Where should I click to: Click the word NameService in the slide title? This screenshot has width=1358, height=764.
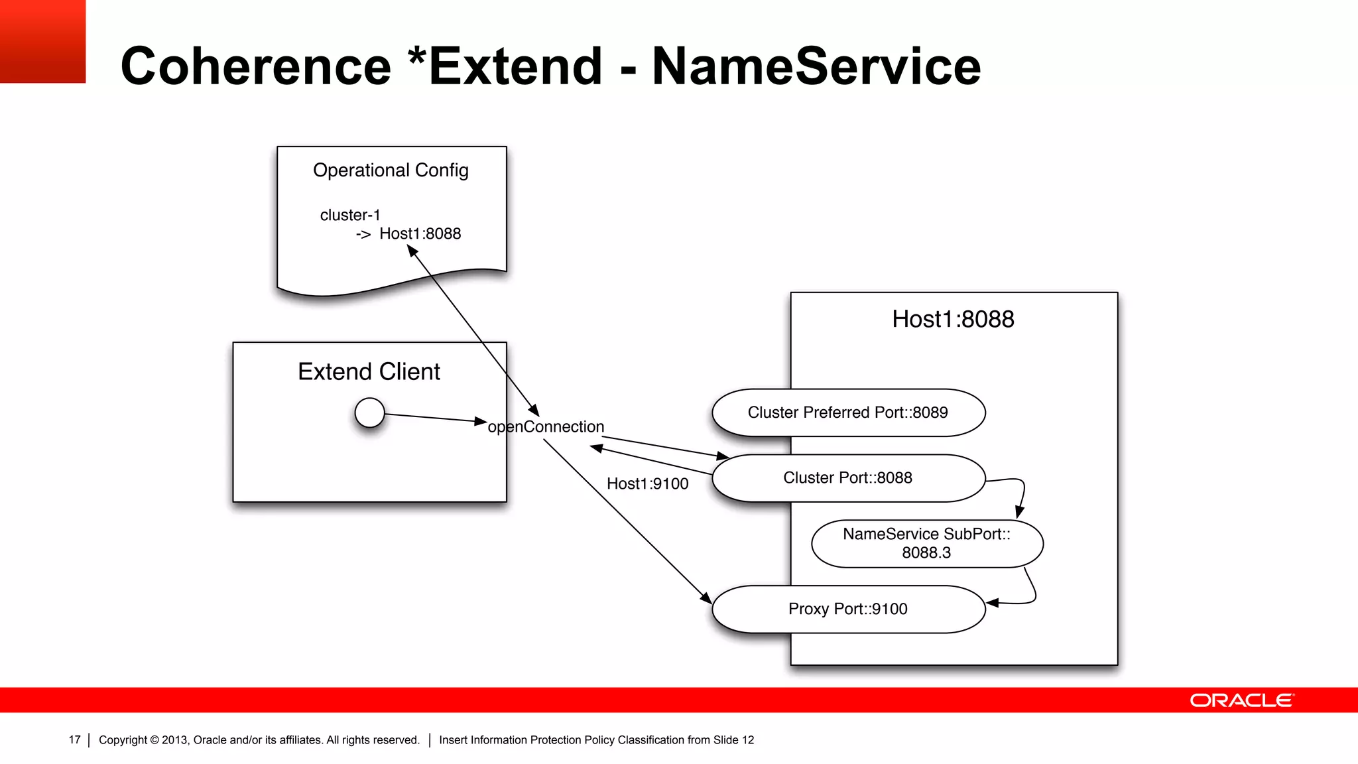point(816,66)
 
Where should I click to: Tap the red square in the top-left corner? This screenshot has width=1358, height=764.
point(42,41)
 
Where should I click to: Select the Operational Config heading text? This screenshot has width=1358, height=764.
point(391,170)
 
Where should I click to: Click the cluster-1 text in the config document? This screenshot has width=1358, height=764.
point(350,215)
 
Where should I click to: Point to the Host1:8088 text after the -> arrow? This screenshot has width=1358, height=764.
point(420,233)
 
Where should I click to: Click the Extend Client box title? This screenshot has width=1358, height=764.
point(369,371)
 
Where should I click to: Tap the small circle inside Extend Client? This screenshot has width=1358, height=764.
point(369,413)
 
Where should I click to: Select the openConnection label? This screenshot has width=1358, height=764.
point(546,426)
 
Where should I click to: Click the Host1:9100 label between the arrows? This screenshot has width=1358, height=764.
point(647,483)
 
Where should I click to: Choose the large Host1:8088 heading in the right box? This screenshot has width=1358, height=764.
point(953,319)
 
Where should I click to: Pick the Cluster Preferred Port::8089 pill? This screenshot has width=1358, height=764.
point(848,413)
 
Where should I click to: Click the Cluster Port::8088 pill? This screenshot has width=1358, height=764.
point(848,477)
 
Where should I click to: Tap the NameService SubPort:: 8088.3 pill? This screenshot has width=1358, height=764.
point(926,543)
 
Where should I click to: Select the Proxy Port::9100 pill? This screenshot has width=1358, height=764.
point(848,609)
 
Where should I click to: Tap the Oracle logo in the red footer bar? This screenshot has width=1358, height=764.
point(1241,700)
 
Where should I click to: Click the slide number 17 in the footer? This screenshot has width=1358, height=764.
point(74,739)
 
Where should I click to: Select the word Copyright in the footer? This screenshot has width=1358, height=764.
point(123,739)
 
